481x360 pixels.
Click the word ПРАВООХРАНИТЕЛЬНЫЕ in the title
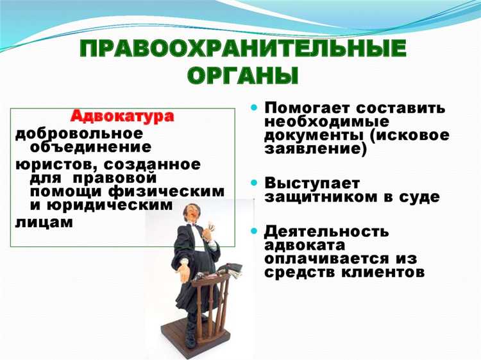click(x=243, y=50)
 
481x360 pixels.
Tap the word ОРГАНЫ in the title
click(x=243, y=76)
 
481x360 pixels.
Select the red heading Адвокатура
click(x=122, y=117)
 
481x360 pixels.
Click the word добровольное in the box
click(x=78, y=133)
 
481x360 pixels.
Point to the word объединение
click(x=86, y=147)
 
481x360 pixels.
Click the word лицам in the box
click(x=43, y=222)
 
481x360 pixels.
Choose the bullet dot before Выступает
click(x=254, y=184)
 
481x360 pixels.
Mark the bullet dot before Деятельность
click(x=254, y=230)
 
